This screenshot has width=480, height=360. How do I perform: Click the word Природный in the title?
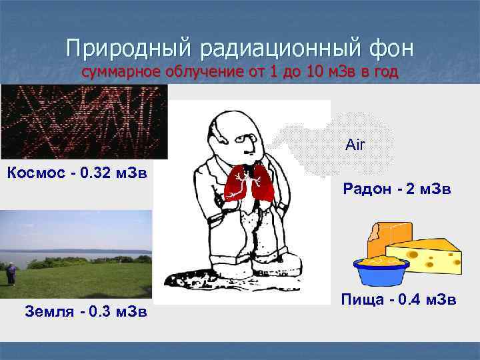pyautogui.click(x=127, y=49)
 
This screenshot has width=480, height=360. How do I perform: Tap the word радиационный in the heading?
pyautogui.click(x=277, y=49)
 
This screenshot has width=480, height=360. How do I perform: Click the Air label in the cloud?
pyautogui.click(x=355, y=145)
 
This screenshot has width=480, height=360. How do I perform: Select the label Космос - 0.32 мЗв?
pyautogui.click(x=76, y=174)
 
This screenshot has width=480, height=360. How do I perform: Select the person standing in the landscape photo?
pyautogui.click(x=10, y=273)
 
